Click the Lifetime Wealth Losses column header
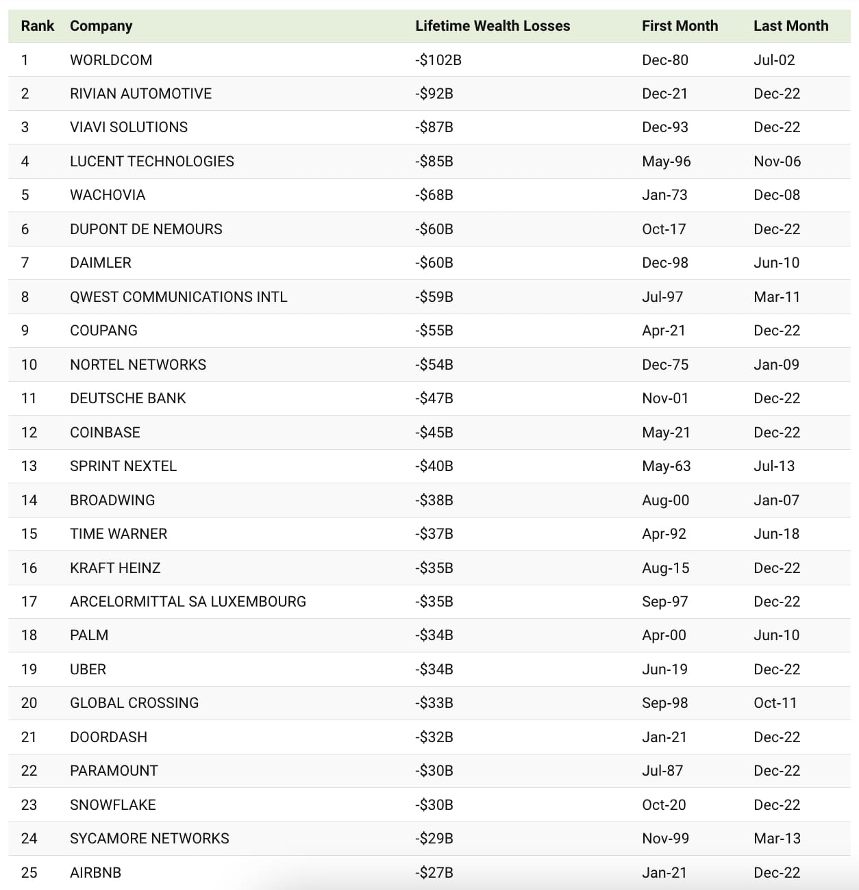(493, 26)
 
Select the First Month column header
(680, 26)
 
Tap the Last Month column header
(790, 26)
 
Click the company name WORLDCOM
(111, 60)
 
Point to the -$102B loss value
(438, 60)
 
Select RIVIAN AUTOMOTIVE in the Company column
(140, 94)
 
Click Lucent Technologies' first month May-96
(666, 162)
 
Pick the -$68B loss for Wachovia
(434, 195)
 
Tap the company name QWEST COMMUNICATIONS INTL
(178, 297)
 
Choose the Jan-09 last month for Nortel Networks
(776, 365)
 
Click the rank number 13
(29, 466)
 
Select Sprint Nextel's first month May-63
(666, 466)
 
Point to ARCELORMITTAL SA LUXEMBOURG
(188, 602)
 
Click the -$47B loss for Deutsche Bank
(434, 398)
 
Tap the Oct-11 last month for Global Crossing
(775, 703)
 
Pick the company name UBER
(88, 670)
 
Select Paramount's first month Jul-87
(662, 771)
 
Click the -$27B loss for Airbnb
(434, 873)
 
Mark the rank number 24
(29, 839)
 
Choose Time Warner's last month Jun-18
(776, 534)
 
